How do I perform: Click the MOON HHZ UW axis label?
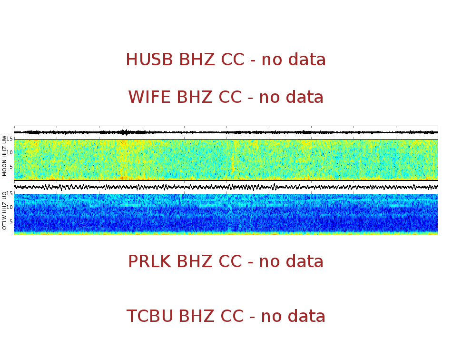point(5,156)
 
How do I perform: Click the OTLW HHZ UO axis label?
point(5,210)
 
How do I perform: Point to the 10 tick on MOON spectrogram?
point(9,152)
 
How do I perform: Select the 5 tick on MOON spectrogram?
point(10,166)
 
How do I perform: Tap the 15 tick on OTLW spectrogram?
point(9,194)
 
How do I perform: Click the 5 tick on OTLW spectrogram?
point(10,221)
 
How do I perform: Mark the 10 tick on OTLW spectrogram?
point(9,207)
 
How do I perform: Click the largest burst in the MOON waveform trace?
point(124,132)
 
